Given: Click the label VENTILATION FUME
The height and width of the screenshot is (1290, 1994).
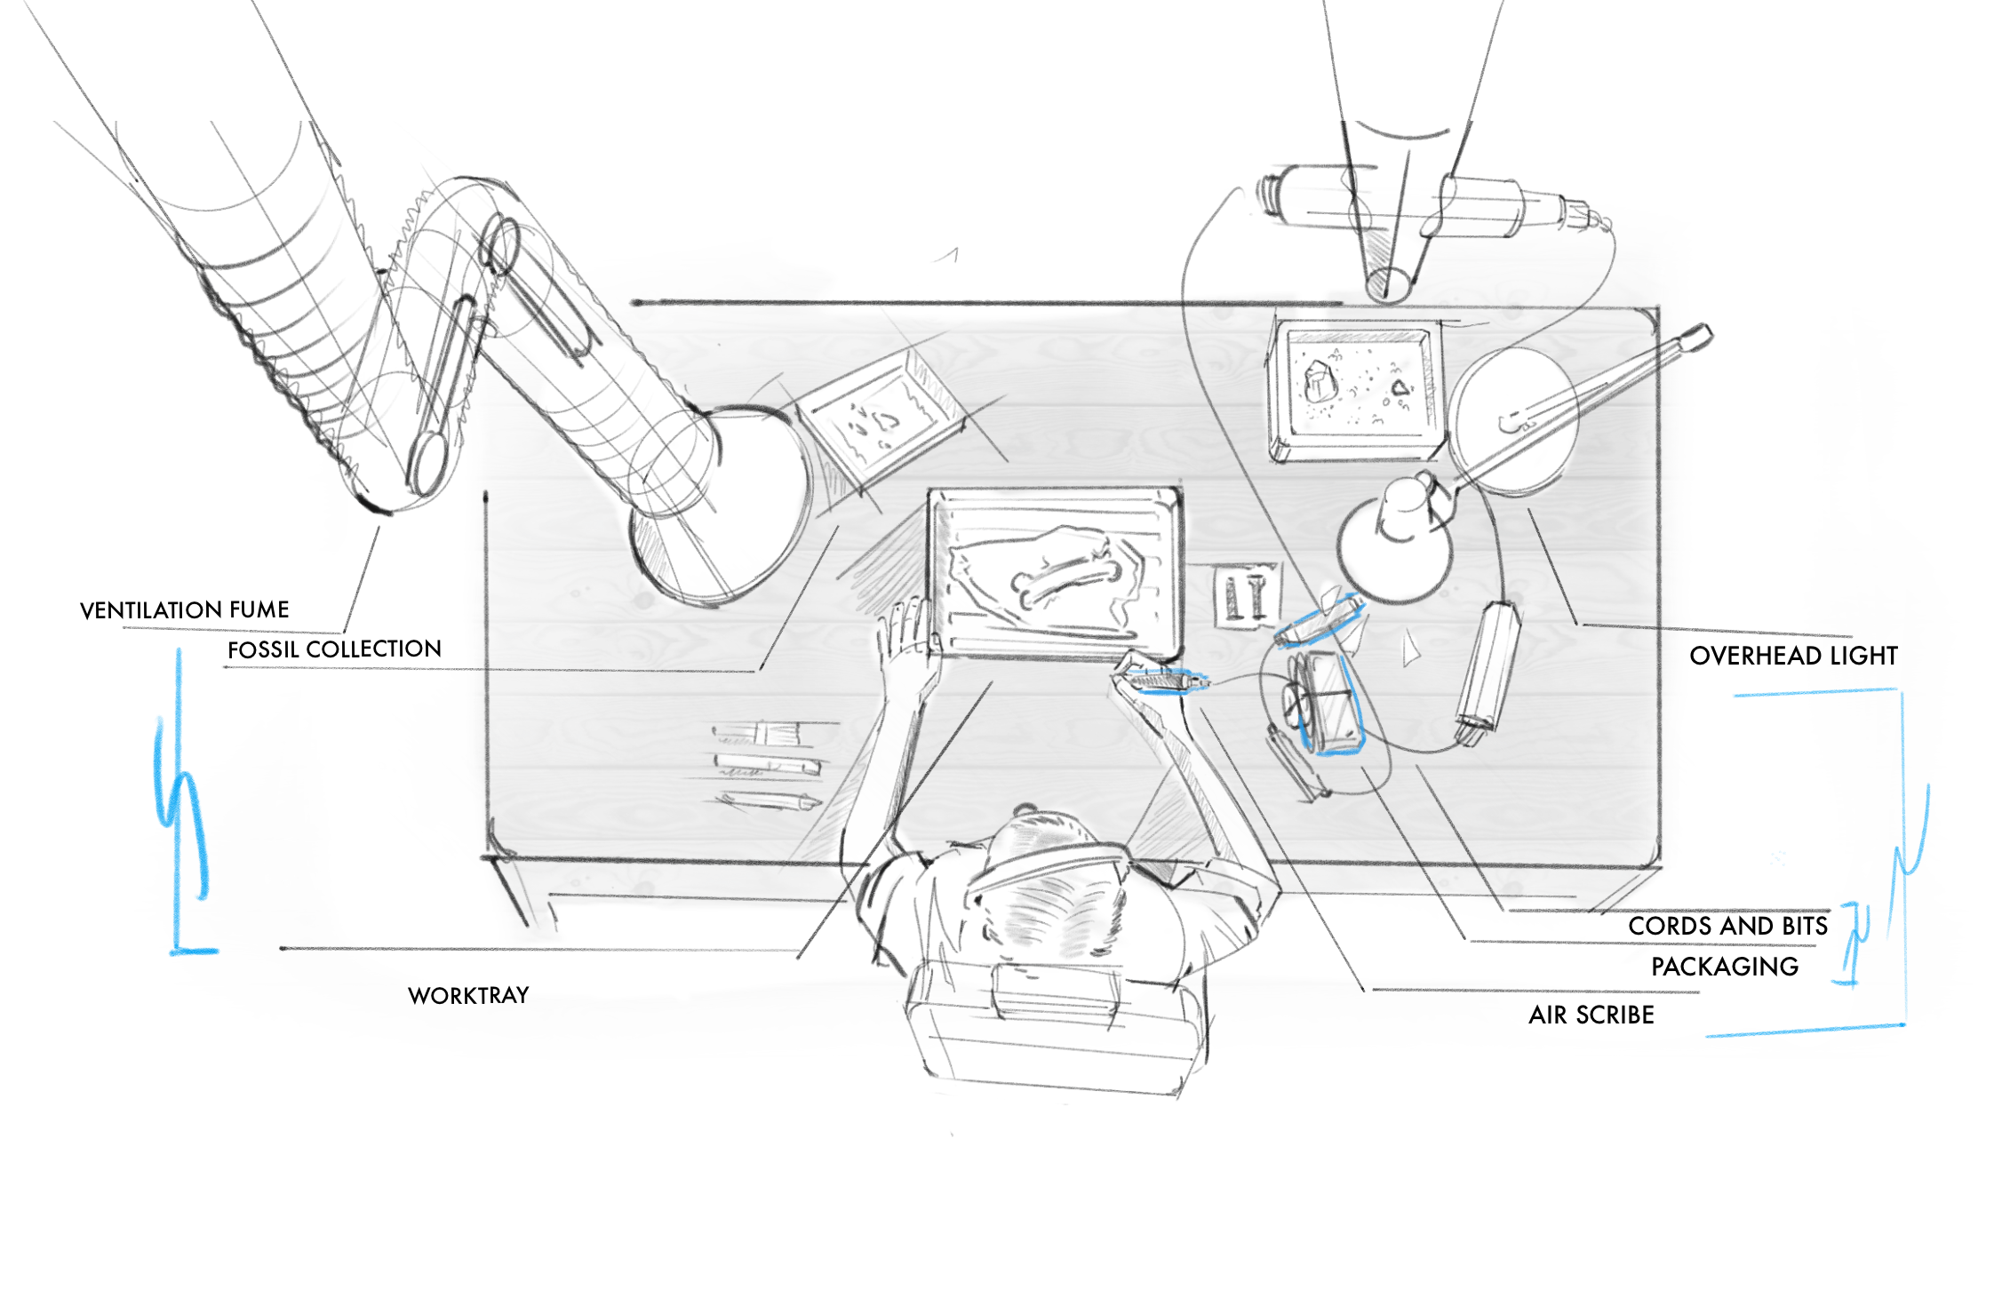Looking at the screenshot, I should click(185, 610).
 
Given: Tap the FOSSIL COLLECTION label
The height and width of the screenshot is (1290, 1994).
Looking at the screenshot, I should click(334, 649).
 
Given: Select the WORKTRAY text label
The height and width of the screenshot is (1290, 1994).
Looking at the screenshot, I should click(468, 995).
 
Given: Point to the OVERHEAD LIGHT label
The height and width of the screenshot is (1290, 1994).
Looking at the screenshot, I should click(1793, 656).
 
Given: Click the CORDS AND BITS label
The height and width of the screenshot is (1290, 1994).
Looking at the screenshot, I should click(1727, 926).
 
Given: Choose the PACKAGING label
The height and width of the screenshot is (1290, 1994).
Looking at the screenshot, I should click(1724, 967).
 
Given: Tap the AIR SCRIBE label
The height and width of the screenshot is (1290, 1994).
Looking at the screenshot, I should click(1591, 1015).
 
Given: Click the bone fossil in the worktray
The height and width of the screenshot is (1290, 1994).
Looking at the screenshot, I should click(1063, 577).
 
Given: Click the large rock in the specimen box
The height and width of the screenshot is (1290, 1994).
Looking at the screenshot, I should click(1320, 383).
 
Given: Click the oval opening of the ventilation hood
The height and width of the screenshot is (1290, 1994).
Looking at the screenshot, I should click(720, 506).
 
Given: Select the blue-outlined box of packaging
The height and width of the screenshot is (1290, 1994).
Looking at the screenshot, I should click(1328, 702).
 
